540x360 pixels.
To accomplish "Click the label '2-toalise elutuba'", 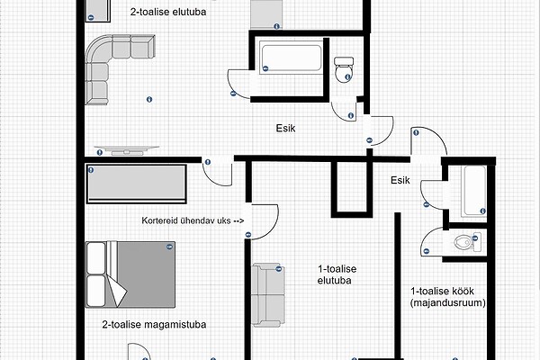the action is [168, 12].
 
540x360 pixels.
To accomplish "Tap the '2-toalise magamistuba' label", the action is [154, 325].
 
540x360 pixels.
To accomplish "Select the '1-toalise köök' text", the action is [442, 291].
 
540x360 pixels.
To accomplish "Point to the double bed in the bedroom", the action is [130, 274].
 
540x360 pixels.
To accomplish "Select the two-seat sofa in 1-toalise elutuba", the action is [268, 295].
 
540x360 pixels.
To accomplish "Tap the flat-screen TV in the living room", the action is [127, 150].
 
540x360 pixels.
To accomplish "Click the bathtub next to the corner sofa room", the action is [291, 57].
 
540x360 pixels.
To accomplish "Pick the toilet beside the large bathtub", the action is [344, 70].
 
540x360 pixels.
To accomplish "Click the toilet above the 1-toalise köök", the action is [466, 242].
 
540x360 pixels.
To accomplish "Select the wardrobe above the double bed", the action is [137, 184].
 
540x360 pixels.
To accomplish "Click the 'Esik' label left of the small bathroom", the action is [400, 180].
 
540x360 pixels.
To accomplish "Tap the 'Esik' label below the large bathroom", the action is [285, 129].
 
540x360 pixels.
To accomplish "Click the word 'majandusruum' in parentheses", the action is [448, 302].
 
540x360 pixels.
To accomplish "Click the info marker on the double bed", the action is [169, 247].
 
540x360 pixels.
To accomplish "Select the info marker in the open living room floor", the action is [149, 99].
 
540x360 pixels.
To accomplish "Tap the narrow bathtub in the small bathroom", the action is [475, 192].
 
